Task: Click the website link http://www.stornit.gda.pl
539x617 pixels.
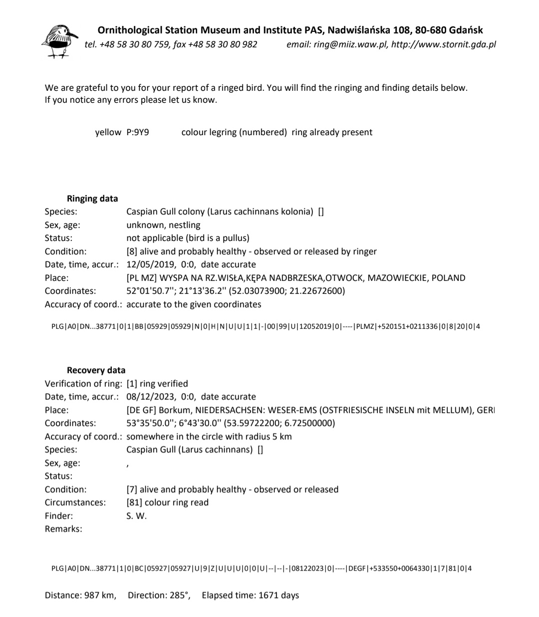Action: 444,44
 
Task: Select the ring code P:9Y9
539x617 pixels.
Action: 138,132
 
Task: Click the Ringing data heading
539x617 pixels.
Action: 92,199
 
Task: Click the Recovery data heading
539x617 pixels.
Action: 96,370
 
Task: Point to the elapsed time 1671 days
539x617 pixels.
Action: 278,595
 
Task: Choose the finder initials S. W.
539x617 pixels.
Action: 137,516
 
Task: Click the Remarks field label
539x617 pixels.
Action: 63,529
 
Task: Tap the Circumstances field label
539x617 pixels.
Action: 75,502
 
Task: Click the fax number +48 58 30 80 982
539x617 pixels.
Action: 223,44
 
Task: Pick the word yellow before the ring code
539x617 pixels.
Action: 108,132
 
